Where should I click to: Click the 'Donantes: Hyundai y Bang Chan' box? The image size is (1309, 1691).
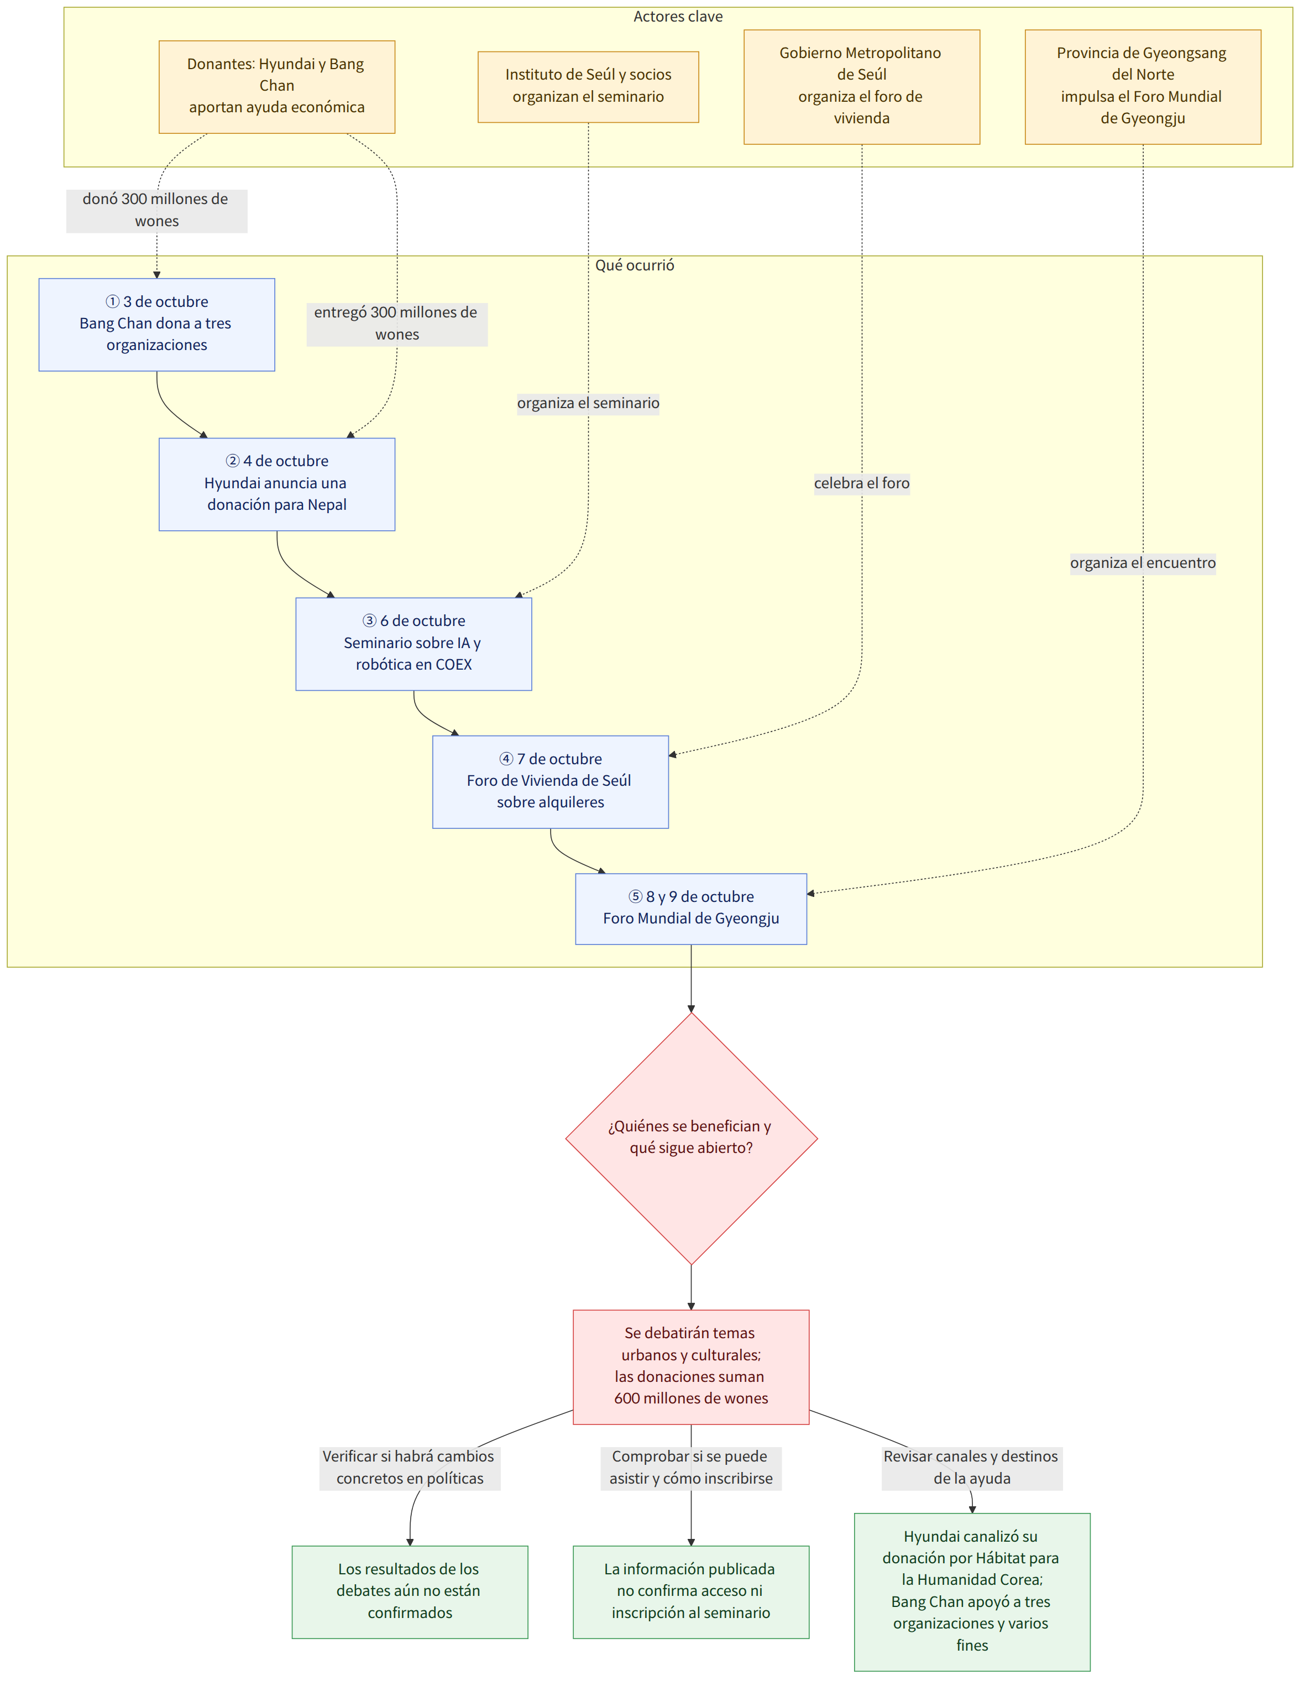tap(277, 87)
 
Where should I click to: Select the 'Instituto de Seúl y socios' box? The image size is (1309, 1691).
tap(588, 87)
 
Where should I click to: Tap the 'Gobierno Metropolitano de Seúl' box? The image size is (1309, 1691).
tap(862, 87)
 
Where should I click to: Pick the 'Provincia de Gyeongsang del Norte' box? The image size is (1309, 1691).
tap(1143, 87)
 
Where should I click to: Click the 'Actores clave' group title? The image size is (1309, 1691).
tap(678, 16)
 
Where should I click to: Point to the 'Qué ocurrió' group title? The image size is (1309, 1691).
tap(635, 265)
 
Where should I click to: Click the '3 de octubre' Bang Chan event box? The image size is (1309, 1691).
tap(157, 325)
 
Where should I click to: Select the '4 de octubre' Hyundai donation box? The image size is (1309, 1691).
tap(277, 484)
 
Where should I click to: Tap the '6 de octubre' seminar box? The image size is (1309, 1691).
tap(413, 644)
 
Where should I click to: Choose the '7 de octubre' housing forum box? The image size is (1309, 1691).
tap(551, 781)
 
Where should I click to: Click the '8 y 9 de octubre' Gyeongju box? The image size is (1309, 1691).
tap(692, 908)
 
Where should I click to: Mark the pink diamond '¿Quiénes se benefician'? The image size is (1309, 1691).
tap(692, 1138)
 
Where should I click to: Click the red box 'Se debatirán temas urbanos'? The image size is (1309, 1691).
tap(692, 1366)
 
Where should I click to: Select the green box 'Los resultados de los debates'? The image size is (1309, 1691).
tap(410, 1592)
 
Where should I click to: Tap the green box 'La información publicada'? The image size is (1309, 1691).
tap(692, 1592)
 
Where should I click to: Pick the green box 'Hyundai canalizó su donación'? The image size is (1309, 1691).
tap(972, 1592)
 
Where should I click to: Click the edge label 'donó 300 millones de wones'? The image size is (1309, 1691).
tap(157, 211)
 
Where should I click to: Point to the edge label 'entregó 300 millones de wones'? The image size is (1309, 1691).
tap(397, 323)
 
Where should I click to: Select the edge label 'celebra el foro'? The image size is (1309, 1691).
tap(862, 483)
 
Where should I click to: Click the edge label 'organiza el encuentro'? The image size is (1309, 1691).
tap(1143, 563)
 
